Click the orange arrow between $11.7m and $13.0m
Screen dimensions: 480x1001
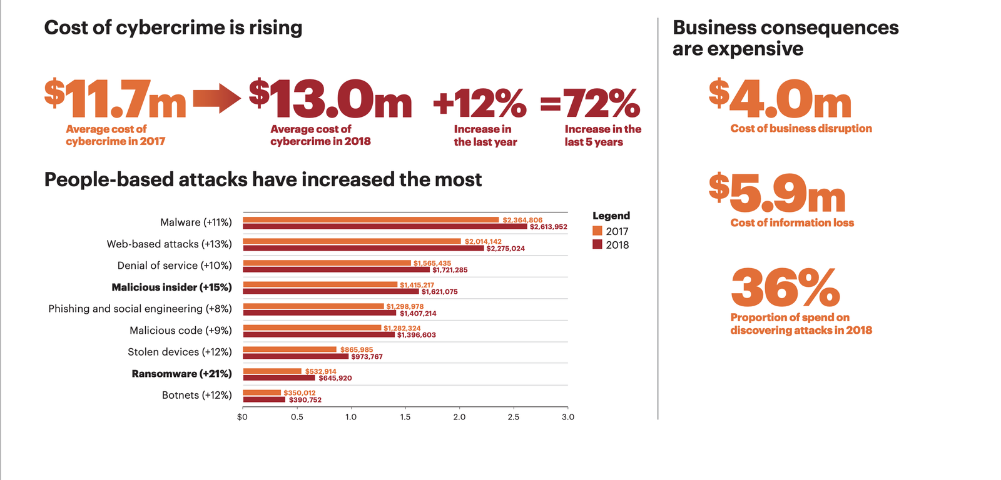(216, 99)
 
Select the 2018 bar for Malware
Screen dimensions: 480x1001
(385, 226)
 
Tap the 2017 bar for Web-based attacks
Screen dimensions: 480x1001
(352, 241)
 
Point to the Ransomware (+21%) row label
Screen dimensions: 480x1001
(181, 374)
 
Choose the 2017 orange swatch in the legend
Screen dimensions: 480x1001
(597, 231)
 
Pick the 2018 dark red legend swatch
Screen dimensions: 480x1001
(597, 244)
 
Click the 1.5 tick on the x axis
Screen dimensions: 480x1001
(405, 417)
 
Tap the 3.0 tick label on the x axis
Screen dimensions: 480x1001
(567, 417)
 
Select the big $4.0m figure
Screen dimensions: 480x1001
(780, 100)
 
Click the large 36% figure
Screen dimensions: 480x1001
(785, 287)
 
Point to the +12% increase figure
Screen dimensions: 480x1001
(479, 103)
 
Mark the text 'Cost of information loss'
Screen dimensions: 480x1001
(791, 222)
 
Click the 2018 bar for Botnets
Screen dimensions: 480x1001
(264, 399)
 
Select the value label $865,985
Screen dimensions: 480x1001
(357, 349)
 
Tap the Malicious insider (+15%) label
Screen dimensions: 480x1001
(171, 287)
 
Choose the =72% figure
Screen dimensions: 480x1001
(590, 103)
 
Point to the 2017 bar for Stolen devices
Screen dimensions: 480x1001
(290, 349)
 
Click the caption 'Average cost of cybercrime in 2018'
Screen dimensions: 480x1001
(320, 135)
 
